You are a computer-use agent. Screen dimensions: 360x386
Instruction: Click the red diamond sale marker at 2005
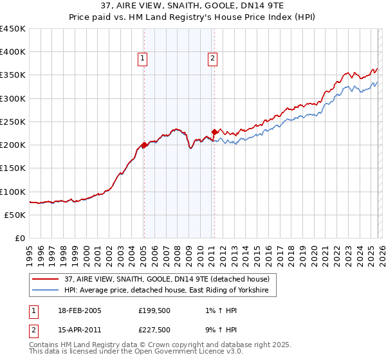[x=144, y=145]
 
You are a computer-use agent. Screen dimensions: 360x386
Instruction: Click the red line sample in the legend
[x=46, y=279]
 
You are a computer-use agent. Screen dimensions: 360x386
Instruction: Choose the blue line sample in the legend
[x=46, y=291]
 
